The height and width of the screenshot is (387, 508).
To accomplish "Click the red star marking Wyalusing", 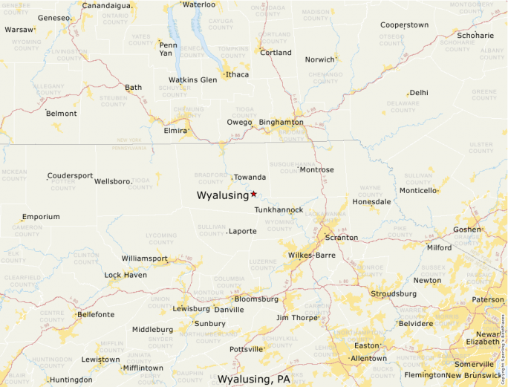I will click(253, 194).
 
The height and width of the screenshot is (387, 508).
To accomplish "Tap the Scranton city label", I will click(341, 238).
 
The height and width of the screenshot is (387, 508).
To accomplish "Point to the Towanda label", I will click(250, 178).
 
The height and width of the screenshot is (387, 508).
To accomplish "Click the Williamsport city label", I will click(145, 258).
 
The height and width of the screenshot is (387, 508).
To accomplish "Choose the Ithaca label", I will click(238, 74).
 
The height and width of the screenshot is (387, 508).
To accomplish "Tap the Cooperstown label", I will click(404, 25).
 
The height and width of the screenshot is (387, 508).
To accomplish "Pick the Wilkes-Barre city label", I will click(312, 255).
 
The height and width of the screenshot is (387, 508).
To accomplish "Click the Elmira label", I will click(175, 131).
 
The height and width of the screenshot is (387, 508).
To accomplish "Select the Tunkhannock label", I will click(279, 210).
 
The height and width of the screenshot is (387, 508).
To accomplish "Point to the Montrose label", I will click(316, 170).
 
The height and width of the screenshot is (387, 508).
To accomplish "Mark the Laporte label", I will click(244, 232).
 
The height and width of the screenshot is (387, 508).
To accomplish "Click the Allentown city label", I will click(368, 358).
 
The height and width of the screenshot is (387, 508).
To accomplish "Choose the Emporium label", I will click(41, 217).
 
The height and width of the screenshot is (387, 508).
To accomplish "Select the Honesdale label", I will click(371, 202).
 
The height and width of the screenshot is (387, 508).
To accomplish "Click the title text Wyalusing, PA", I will click(254, 380).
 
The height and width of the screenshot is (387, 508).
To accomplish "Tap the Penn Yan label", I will click(168, 49).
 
